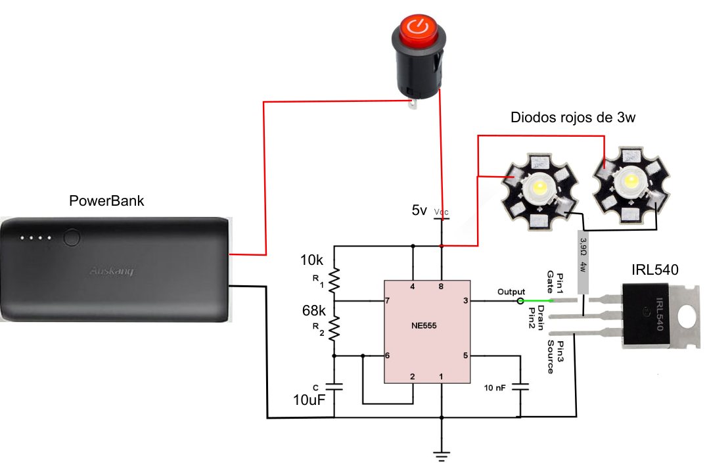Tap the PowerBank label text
106,200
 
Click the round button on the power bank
72,237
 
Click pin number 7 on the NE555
388,300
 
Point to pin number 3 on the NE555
465,300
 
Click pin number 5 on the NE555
465,356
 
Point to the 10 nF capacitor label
495,388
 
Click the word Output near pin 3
511,291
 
